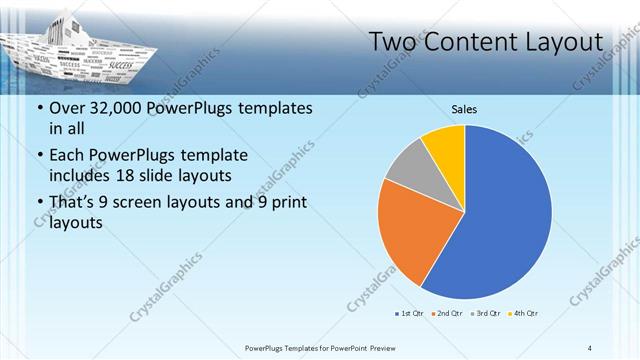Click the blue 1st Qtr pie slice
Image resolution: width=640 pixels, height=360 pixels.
tap(500, 220)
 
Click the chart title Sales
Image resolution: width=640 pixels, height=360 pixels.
tap(464, 108)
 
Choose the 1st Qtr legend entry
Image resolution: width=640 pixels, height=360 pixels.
tap(409, 314)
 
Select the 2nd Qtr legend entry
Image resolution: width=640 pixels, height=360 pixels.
tap(446, 314)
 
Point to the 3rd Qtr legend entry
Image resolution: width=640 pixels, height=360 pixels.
tap(486, 314)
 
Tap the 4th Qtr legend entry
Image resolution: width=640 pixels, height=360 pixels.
tap(525, 314)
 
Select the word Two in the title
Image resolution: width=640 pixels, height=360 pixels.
tap(394, 42)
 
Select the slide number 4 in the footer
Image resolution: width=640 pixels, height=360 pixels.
tap(589, 347)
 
